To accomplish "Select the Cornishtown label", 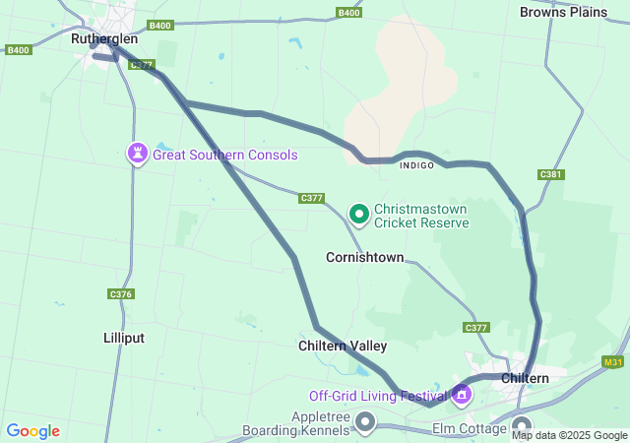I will [364, 257].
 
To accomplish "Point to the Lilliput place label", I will [124, 338].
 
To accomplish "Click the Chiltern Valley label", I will [343, 346].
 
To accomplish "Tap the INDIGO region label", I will [416, 165].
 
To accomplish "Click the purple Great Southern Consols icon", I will [137, 154].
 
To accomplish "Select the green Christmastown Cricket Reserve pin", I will [359, 213].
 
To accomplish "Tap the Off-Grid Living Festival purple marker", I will [461, 396].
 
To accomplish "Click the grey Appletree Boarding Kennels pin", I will [365, 423].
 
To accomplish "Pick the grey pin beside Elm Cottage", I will [521, 426].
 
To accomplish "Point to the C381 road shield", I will [551, 174].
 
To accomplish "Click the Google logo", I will [32, 431].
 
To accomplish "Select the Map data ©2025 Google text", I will [570, 435].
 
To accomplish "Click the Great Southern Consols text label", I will [224, 155].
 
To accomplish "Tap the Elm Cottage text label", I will [469, 429].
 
